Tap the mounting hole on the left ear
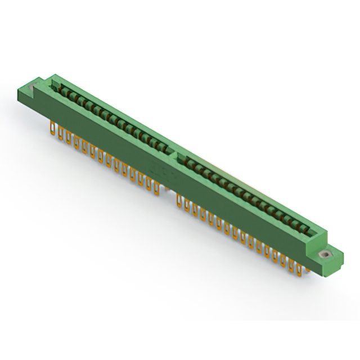pos(33,85)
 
